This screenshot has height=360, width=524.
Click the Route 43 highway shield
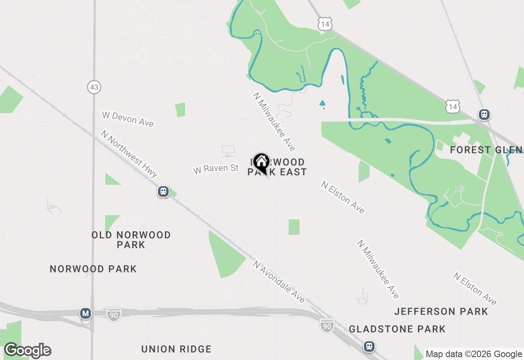(94, 87)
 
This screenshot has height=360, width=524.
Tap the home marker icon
(261, 162)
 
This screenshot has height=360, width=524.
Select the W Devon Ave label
(128, 119)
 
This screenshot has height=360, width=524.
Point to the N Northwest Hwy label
(129, 154)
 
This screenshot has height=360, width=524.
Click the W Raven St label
(216, 169)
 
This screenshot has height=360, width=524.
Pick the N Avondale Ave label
(279, 282)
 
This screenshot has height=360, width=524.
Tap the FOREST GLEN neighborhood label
(486, 150)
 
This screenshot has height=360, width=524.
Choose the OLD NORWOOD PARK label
(131, 240)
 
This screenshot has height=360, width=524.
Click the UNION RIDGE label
(176, 349)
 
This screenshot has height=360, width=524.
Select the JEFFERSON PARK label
(441, 312)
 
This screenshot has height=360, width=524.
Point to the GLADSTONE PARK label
(397, 329)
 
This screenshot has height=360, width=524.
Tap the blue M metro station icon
(86, 314)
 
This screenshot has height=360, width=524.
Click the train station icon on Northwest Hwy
(163, 191)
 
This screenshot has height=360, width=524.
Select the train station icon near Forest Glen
(484, 114)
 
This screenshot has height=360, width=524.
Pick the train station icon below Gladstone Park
(369, 346)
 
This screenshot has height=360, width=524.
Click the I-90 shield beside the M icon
(114, 314)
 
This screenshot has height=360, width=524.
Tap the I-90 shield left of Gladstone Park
(327, 326)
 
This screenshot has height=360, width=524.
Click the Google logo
(28, 351)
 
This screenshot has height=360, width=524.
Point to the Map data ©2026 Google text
(474, 354)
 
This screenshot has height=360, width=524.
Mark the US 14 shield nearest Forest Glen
(453, 107)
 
